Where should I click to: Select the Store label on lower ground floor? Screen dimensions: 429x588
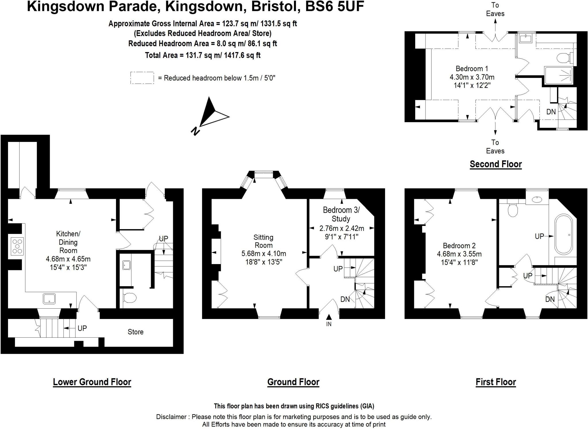click(x=136, y=332)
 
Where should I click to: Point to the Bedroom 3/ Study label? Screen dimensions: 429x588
click(x=341, y=214)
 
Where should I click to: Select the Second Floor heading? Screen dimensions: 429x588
click(x=496, y=164)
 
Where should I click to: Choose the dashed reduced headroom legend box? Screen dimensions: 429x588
click(x=142, y=78)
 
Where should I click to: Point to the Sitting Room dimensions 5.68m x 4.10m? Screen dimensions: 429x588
click(x=264, y=254)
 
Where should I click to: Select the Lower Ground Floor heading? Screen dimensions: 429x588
click(x=92, y=382)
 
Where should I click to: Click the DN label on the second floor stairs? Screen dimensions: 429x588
click(x=551, y=111)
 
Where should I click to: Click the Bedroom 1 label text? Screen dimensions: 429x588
click(x=472, y=69)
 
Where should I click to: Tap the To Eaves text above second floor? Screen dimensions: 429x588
click(x=495, y=9)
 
